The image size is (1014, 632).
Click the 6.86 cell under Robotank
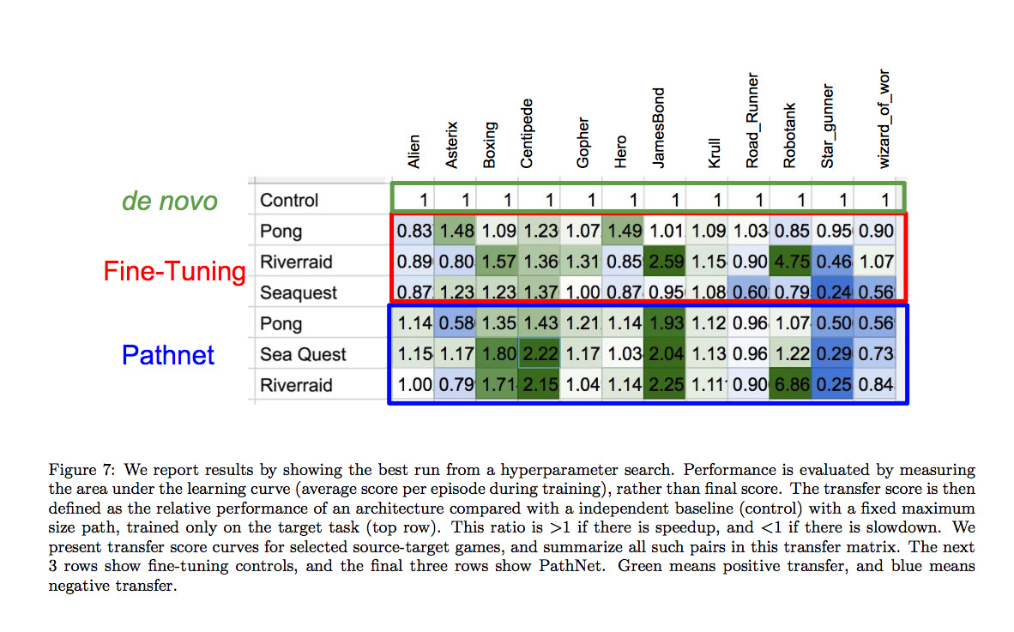pyautogui.click(x=790, y=385)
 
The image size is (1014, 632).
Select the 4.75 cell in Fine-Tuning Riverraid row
pyautogui.click(x=790, y=262)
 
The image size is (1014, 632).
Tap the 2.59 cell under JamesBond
pyautogui.click(x=665, y=262)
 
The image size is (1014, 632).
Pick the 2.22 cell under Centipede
pyautogui.click(x=539, y=354)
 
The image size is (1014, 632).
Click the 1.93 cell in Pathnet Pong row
pyautogui.click(x=665, y=323)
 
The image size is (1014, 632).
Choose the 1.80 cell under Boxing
pyautogui.click(x=498, y=354)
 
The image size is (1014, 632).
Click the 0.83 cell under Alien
pyautogui.click(x=413, y=231)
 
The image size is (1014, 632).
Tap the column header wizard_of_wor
pyautogui.click(x=884, y=119)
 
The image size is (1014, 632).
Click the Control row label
pyautogui.click(x=289, y=200)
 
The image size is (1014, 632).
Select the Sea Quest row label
pyautogui.click(x=303, y=354)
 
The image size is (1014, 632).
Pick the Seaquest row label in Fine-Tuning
pyautogui.click(x=299, y=292)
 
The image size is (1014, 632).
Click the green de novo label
pyautogui.click(x=169, y=201)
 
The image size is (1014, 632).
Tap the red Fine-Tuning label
pyautogui.click(x=174, y=271)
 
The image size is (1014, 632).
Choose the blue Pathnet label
pyautogui.click(x=168, y=354)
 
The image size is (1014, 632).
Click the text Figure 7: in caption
pyautogui.click(x=81, y=470)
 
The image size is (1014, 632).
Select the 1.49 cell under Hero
pyautogui.click(x=623, y=231)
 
